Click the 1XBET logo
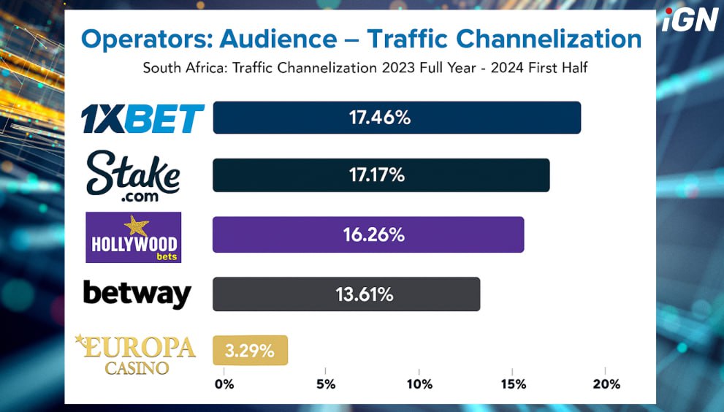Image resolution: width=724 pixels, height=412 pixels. (142, 119)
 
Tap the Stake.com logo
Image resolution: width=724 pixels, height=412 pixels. (133, 176)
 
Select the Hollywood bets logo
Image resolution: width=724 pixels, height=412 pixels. (133, 237)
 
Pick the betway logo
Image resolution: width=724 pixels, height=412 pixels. (137, 294)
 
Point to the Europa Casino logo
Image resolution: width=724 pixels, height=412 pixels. (137, 354)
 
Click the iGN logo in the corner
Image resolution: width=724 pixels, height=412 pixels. (690, 20)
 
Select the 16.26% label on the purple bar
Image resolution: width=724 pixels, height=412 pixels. (373, 234)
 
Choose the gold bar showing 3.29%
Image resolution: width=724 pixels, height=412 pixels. (251, 351)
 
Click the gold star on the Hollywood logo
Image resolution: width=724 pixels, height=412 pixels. (136, 225)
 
